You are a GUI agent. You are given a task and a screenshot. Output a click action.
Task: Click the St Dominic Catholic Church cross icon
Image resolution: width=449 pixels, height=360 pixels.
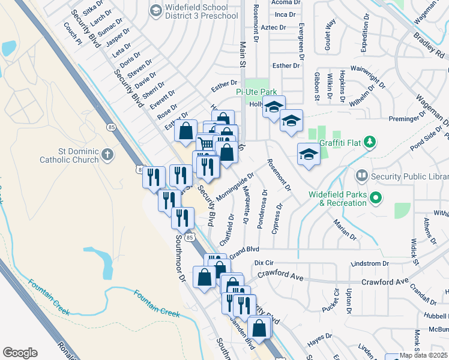(107, 155)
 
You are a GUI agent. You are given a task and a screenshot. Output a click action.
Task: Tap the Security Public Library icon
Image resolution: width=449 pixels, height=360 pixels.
(362, 176)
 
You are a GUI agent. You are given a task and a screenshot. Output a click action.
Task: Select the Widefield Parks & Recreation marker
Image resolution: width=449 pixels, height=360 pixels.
(376, 197)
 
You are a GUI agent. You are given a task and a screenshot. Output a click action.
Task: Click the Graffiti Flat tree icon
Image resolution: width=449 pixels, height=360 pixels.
(372, 142)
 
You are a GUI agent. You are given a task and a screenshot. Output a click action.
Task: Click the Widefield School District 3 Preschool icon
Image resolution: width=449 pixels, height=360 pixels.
(156, 10)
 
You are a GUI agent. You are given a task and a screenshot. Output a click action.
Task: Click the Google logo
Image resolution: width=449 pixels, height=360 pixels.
(20, 353)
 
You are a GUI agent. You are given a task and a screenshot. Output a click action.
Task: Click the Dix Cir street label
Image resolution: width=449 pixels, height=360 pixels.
(264, 263)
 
